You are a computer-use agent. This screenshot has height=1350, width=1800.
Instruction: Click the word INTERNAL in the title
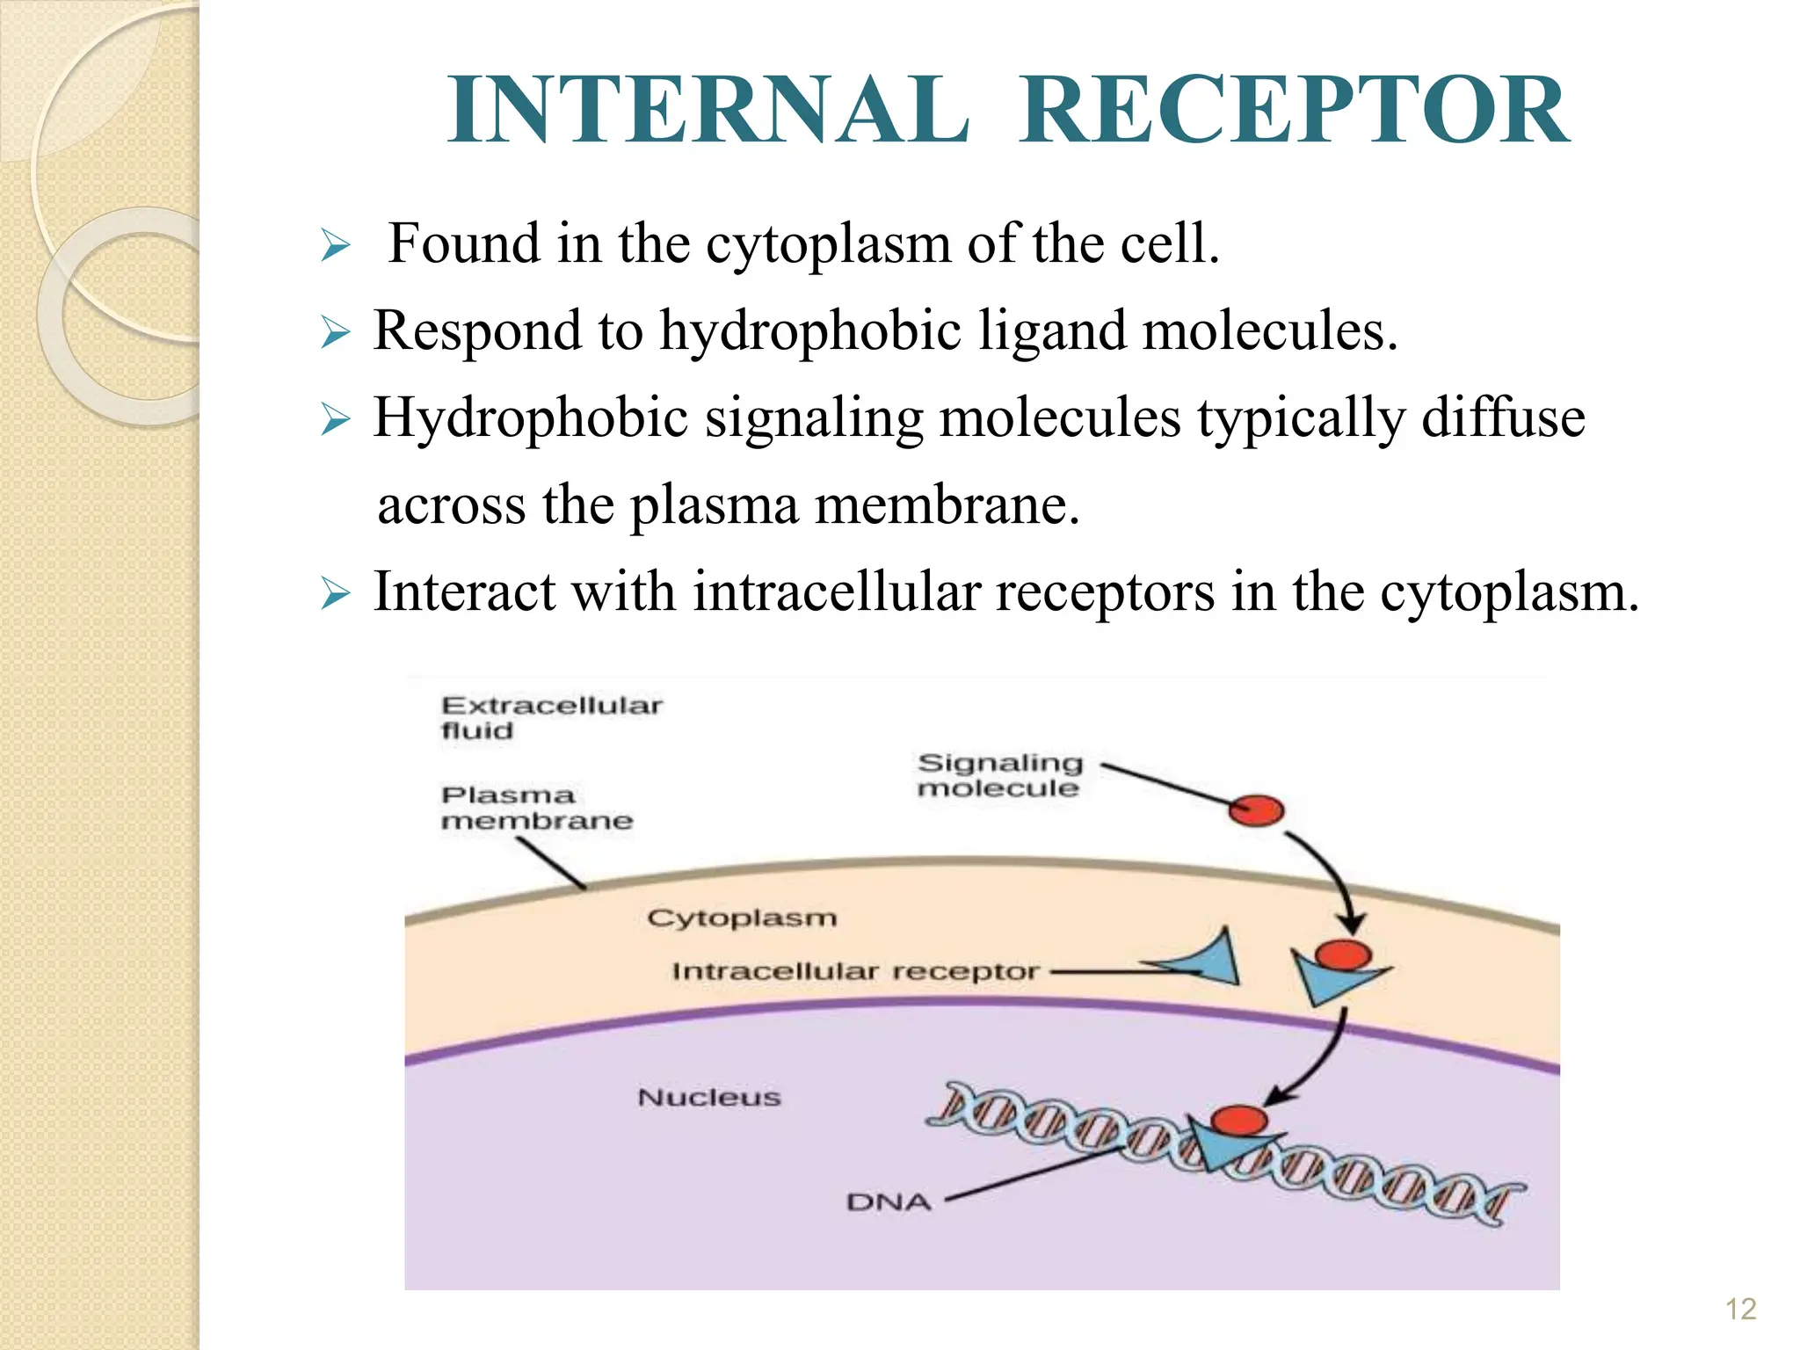pyautogui.click(x=708, y=111)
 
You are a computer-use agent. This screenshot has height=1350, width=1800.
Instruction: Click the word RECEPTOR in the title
pyautogui.click(x=1294, y=111)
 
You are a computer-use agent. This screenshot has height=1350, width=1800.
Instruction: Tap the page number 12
pyautogui.click(x=1740, y=1310)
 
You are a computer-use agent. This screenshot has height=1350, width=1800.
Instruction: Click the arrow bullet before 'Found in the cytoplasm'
pyautogui.click(x=335, y=245)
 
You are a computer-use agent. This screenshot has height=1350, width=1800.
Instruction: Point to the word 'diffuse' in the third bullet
pyautogui.click(x=1503, y=417)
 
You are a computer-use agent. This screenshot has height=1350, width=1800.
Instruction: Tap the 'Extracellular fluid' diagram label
pyautogui.click(x=551, y=717)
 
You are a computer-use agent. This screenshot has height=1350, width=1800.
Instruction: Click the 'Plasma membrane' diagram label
pyautogui.click(x=536, y=807)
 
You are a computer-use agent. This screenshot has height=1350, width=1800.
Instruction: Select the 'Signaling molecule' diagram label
pyautogui.click(x=999, y=774)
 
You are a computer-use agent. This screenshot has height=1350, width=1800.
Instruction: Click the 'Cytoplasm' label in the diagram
pyautogui.click(x=742, y=918)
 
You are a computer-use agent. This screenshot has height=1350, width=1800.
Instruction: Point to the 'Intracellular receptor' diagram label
pyautogui.click(x=854, y=971)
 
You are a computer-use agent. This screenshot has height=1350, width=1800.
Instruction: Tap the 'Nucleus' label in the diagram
pyautogui.click(x=708, y=1097)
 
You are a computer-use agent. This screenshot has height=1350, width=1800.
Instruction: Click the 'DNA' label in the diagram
pyautogui.click(x=888, y=1201)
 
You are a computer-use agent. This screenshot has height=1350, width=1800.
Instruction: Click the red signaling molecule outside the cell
pyautogui.click(x=1256, y=809)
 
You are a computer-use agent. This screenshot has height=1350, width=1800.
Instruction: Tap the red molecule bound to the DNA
pyautogui.click(x=1238, y=1121)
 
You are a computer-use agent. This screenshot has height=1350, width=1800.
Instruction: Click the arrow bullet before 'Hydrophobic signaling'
pyautogui.click(x=335, y=419)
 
